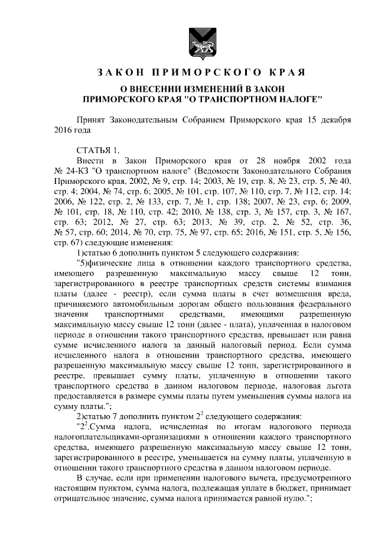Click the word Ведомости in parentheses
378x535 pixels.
187,171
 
